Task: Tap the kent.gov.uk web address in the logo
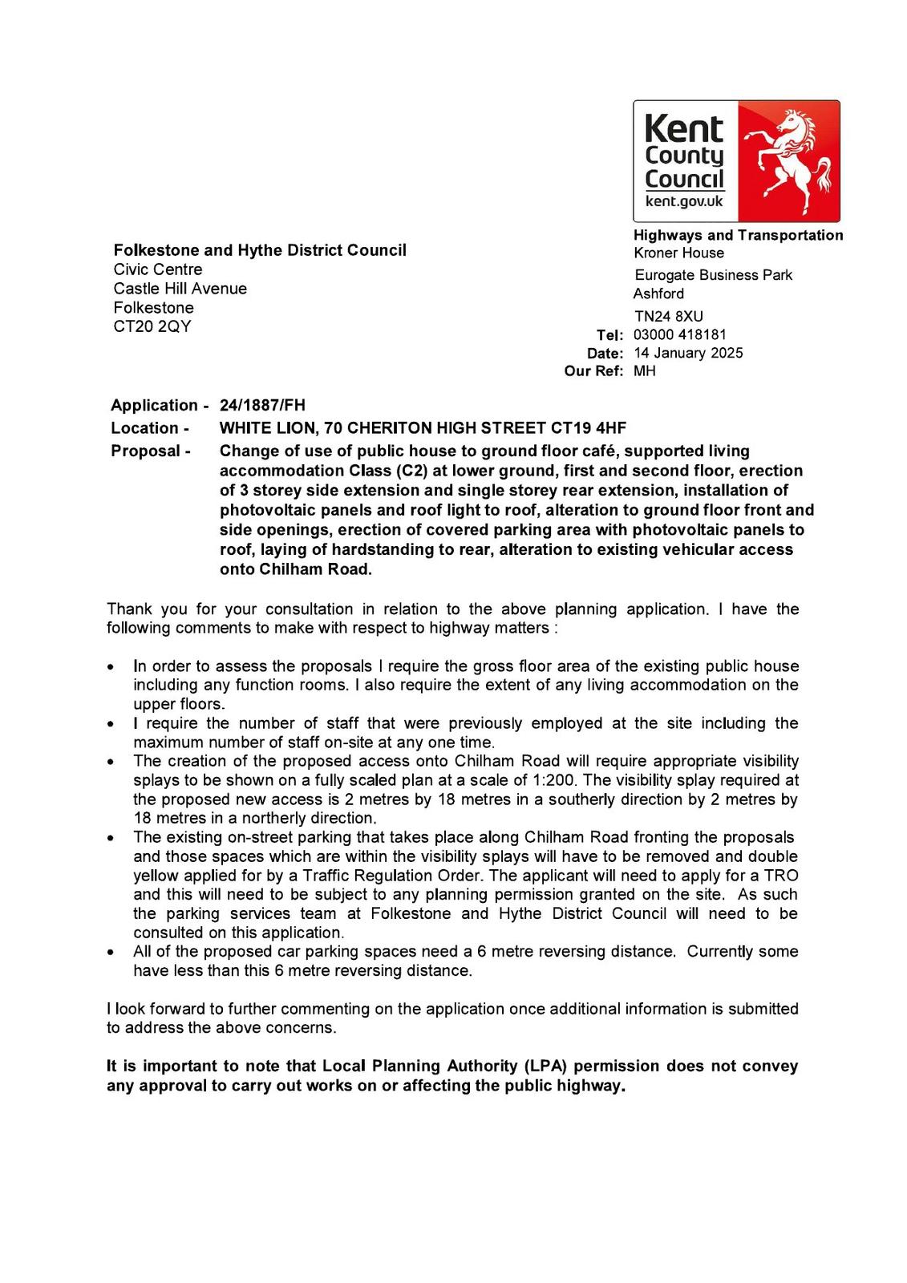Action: (x=684, y=202)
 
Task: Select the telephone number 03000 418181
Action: (x=680, y=334)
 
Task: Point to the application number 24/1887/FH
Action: (x=262, y=405)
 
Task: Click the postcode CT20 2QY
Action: (x=152, y=326)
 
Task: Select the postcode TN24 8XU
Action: (x=669, y=316)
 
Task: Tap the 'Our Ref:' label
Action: (x=593, y=371)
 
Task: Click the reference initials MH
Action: (x=645, y=370)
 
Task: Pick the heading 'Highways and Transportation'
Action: (x=738, y=235)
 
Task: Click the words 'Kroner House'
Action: (x=678, y=253)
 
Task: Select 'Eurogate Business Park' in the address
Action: (x=714, y=275)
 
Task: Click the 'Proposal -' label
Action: (x=151, y=451)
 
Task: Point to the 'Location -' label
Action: (x=150, y=428)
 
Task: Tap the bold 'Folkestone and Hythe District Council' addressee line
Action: (x=260, y=250)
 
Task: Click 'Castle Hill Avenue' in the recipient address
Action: (x=180, y=289)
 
